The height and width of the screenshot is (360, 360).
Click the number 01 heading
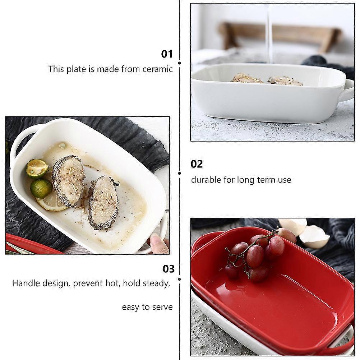[x=167, y=54]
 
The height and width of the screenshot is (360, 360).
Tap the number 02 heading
[x=197, y=164]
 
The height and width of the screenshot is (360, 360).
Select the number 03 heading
[x=169, y=269]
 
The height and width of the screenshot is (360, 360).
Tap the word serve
[x=162, y=307]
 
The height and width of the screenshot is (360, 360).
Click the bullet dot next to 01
[x=179, y=63]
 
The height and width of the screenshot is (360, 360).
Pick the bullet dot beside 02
[x=179, y=173]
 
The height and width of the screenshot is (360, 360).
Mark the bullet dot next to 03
[x=179, y=279]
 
